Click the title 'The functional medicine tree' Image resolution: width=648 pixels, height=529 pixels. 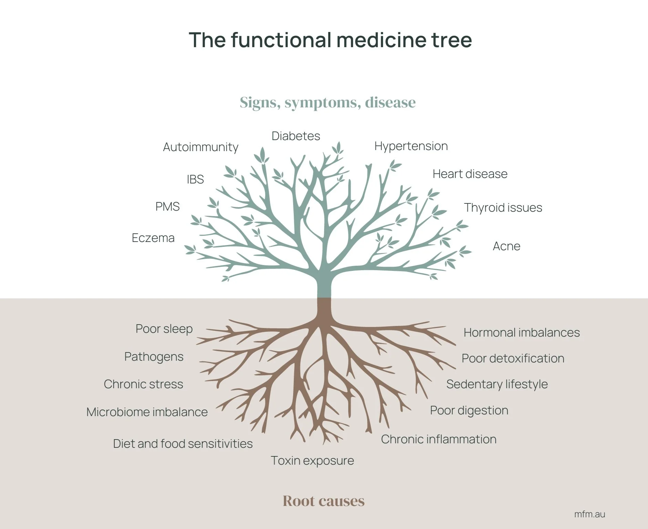pyautogui.click(x=330, y=40)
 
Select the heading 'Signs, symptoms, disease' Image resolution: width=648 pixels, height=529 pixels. pyautogui.click(x=328, y=103)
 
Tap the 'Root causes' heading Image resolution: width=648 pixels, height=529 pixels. pyautogui.click(x=323, y=501)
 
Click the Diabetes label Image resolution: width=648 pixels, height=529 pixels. pyautogui.click(x=296, y=136)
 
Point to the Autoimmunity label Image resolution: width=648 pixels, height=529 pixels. pyautogui.click(x=200, y=147)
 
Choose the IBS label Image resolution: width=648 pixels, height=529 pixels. pyautogui.click(x=195, y=179)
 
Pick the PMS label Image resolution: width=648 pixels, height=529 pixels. pyautogui.click(x=167, y=207)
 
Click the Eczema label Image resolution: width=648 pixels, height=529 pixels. pyautogui.click(x=153, y=238)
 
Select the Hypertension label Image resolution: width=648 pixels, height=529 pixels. pyautogui.click(x=411, y=146)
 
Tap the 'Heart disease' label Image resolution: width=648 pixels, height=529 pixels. pyautogui.click(x=470, y=174)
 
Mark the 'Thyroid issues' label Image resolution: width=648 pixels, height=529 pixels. pyautogui.click(x=503, y=208)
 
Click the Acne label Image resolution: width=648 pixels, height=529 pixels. pyautogui.click(x=506, y=246)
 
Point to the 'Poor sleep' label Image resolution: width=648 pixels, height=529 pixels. pyautogui.click(x=164, y=329)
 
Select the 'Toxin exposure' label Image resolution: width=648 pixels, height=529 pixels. pyautogui.click(x=312, y=461)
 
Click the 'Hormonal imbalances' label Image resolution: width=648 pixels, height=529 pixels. pyautogui.click(x=521, y=332)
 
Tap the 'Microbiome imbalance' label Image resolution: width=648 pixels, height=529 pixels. pyautogui.click(x=147, y=412)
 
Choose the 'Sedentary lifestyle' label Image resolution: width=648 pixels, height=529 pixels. pyautogui.click(x=496, y=384)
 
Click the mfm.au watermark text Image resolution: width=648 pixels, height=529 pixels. pyautogui.click(x=589, y=514)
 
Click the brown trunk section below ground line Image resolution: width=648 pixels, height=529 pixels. pyautogui.click(x=324, y=308)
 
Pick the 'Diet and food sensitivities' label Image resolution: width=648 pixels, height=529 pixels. pyautogui.click(x=183, y=444)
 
